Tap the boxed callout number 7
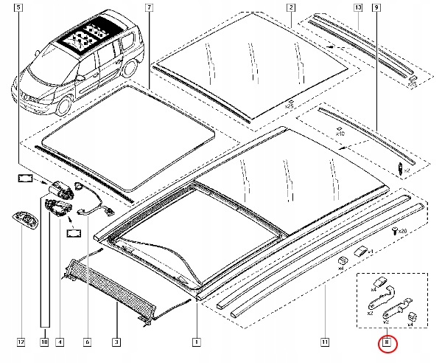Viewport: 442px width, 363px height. [x=149, y=7]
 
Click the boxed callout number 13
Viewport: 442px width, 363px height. [x=358, y=7]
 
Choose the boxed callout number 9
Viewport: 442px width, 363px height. [x=376, y=7]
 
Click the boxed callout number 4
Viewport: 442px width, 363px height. [x=60, y=342]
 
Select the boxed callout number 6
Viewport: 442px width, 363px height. [x=87, y=342]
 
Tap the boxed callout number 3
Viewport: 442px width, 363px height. [x=116, y=342]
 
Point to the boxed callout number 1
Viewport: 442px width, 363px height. [x=196, y=342]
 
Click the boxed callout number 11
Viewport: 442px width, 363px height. [x=325, y=342]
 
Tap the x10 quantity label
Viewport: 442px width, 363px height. [x=340, y=134]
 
